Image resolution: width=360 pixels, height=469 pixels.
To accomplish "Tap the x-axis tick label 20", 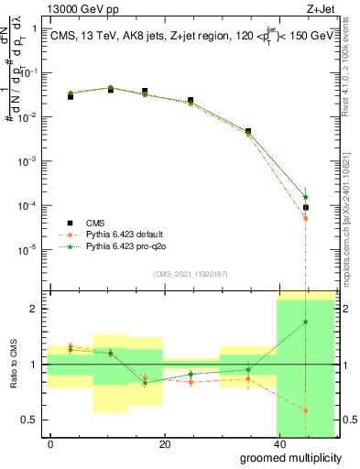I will click(165, 445).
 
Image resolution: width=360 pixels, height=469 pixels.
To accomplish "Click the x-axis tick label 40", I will click(278, 445).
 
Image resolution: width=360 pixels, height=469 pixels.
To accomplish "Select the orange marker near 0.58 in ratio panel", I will click(306, 410).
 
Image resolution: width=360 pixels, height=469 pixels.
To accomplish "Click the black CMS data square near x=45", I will click(306, 208).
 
